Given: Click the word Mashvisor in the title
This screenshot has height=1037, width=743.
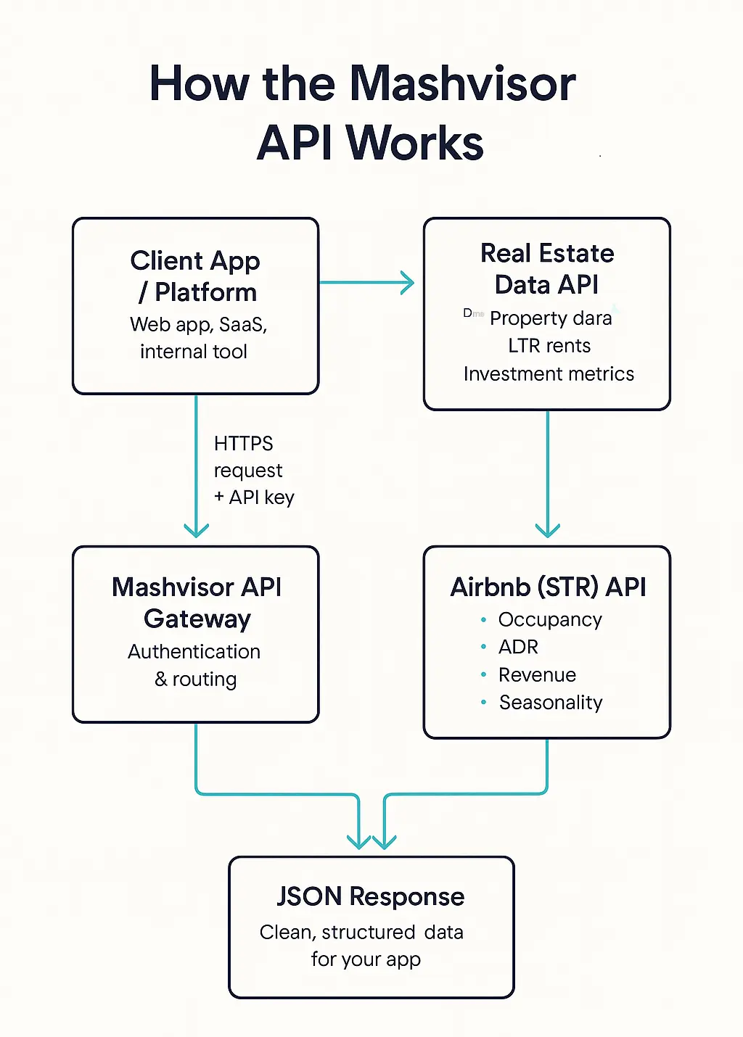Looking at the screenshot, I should point(462,83).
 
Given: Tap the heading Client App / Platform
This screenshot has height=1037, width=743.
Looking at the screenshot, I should point(196,276).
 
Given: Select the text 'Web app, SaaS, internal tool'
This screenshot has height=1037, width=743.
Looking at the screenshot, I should point(197,338).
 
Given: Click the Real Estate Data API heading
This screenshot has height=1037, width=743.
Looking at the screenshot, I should point(547,269).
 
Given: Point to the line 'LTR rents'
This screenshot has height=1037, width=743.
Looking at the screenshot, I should point(549,346).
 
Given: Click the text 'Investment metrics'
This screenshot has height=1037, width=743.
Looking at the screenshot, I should point(549,374).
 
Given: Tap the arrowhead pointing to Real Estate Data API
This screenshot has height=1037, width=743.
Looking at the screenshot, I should point(407,283).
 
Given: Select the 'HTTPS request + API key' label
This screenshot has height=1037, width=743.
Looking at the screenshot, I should point(253,470).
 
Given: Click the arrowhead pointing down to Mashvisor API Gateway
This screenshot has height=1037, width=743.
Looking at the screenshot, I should point(196,529).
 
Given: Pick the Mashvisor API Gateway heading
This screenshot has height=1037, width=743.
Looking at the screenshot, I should point(197,603).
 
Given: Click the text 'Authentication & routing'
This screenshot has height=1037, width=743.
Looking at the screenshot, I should point(194,665).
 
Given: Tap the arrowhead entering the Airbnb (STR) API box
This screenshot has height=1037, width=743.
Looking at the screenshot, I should point(547,529).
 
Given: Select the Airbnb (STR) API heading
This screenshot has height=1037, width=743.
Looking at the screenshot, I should point(548,587).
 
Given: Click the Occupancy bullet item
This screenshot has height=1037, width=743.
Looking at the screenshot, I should point(549,620).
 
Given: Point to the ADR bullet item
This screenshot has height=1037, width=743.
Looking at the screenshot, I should point(518,647).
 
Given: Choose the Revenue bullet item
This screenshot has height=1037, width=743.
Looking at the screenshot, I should point(537,675).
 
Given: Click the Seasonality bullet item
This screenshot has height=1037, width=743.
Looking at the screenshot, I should point(550,703).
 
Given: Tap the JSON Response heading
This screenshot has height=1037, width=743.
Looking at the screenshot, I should point(370,897).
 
